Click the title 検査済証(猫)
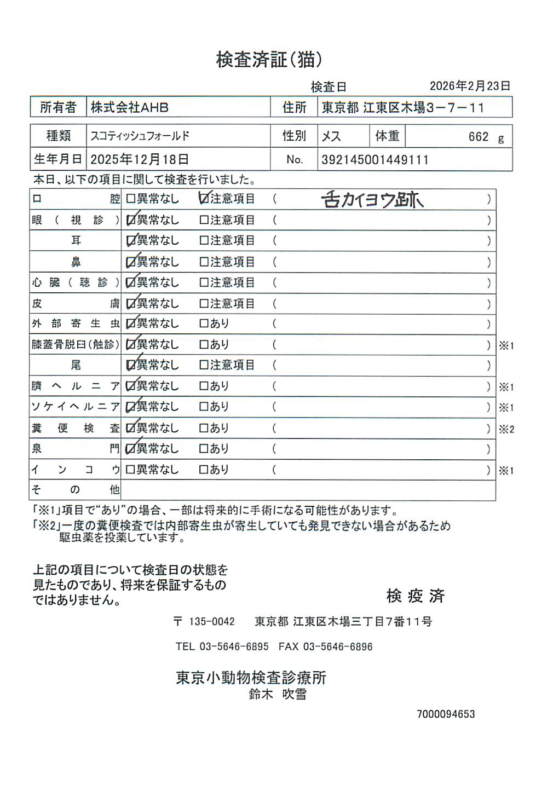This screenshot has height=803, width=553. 269,59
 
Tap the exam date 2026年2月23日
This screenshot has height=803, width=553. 470,86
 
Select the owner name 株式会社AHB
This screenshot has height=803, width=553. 129,107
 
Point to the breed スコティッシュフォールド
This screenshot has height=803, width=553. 140,136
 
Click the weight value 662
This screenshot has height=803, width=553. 478,137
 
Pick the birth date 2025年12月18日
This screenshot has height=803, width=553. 140,159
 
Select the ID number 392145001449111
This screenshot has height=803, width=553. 375,160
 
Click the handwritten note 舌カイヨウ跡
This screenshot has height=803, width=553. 372,200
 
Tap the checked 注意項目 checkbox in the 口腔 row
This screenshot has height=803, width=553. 204,199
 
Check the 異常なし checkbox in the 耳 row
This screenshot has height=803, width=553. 131,240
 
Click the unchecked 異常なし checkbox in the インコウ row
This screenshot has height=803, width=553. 131,470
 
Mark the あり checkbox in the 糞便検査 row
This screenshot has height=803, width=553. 204,428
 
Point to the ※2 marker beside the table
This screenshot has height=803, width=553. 506,429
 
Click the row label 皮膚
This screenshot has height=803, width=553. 75,303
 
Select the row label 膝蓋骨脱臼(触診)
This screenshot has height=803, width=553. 75,345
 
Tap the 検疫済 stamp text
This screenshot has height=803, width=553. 415,596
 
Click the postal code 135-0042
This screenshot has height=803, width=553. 211,622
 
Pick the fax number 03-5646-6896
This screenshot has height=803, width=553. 337,646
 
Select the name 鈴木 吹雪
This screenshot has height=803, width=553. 278,694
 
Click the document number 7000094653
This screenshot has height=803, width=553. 446,714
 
